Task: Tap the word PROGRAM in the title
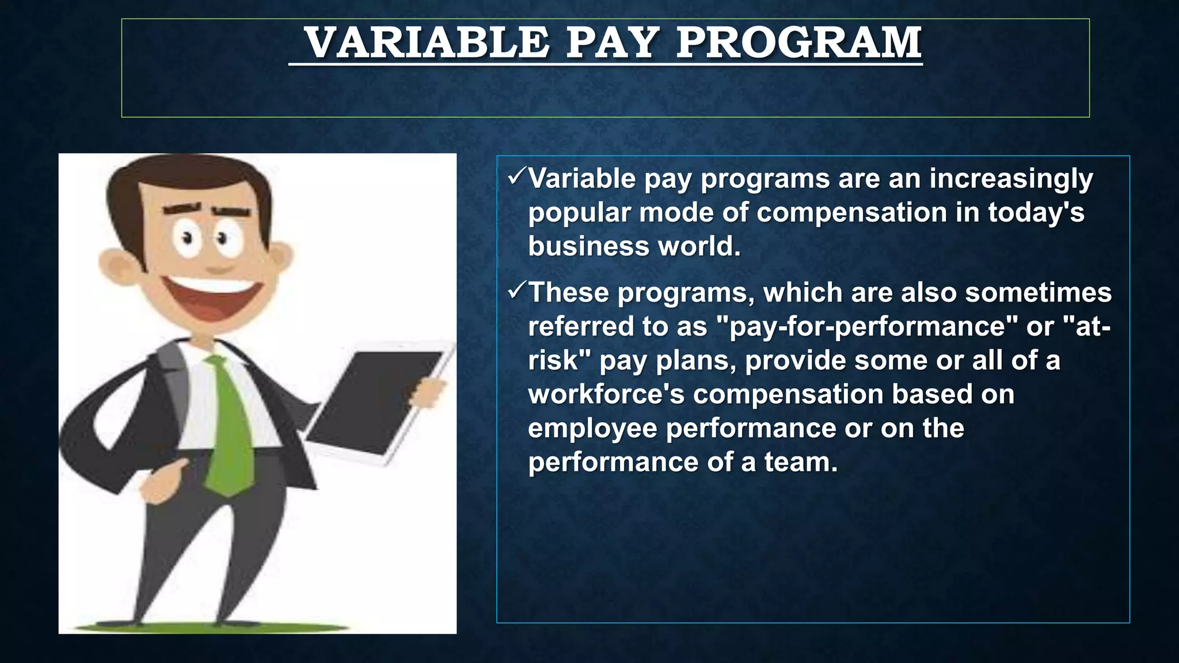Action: pos(799,43)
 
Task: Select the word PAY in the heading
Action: pos(612,43)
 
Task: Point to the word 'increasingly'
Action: pos(1011,180)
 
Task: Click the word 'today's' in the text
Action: pos(1036,212)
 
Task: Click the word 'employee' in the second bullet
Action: pos(592,429)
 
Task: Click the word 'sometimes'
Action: pos(1038,292)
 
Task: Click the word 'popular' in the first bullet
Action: pos(579,213)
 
